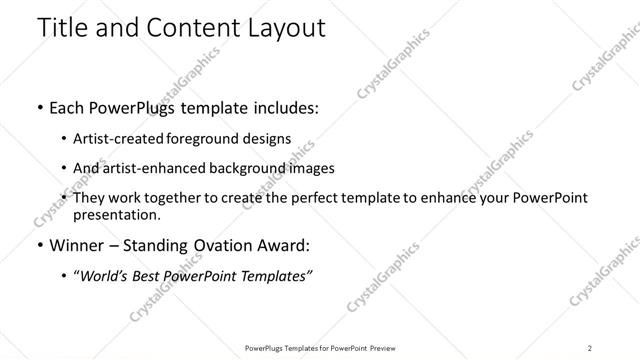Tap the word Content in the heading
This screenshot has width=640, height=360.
190,28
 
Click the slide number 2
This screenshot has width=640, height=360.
590,348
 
